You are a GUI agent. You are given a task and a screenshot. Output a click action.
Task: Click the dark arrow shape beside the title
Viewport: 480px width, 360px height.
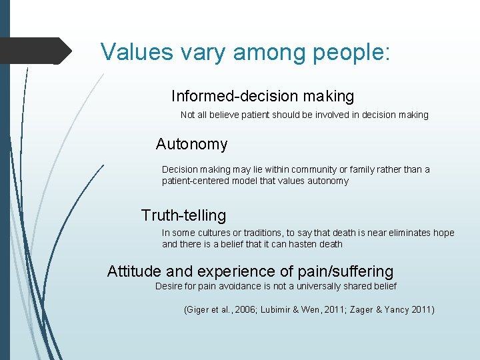[37, 51]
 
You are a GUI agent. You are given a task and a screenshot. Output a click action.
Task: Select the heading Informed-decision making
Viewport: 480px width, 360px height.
[262, 97]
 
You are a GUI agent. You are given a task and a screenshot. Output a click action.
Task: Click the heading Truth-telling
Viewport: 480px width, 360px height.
[183, 215]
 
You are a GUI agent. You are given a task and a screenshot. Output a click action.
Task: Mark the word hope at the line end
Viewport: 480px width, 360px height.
[443, 233]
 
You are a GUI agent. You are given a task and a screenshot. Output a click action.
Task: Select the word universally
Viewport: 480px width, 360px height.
[313, 286]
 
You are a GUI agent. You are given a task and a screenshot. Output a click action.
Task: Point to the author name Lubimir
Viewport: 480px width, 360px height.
[275, 309]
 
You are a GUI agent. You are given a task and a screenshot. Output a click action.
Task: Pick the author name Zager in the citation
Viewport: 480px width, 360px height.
[361, 309]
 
